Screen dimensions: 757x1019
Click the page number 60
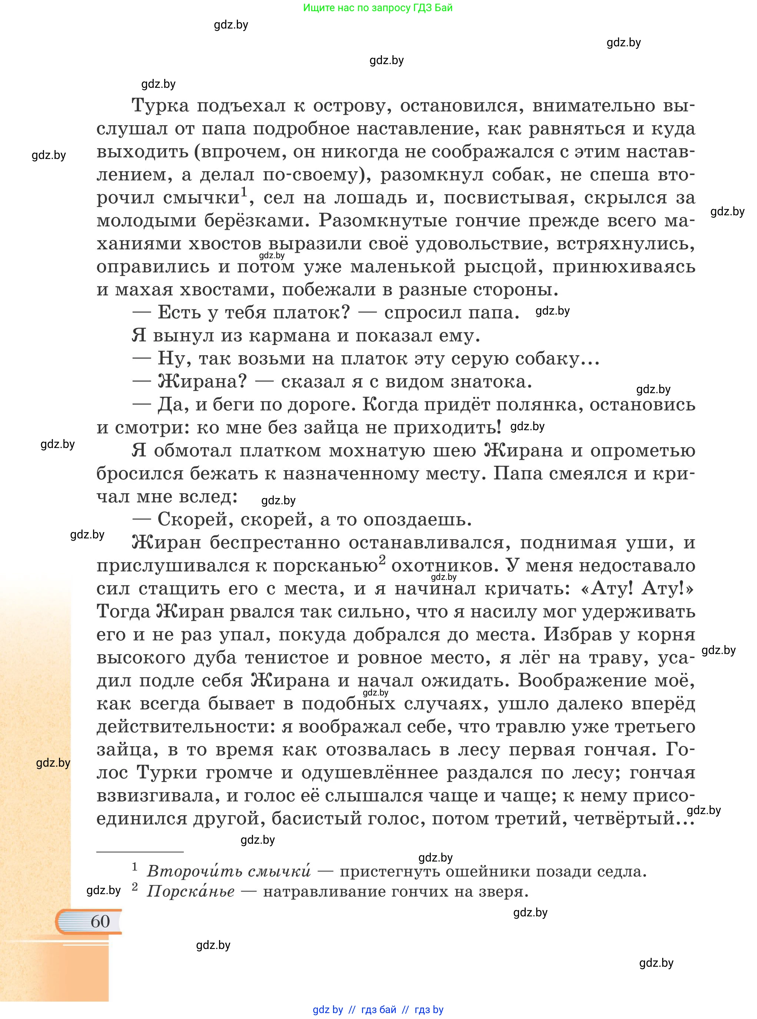coord(100,922)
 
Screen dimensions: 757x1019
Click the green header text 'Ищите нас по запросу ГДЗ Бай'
coord(378,8)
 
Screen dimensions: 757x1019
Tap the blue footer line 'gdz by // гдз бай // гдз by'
coord(378,1009)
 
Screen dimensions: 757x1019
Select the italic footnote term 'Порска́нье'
coord(190,891)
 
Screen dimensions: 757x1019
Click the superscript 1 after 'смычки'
coord(244,191)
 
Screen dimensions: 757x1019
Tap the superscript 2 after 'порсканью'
coord(382,560)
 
